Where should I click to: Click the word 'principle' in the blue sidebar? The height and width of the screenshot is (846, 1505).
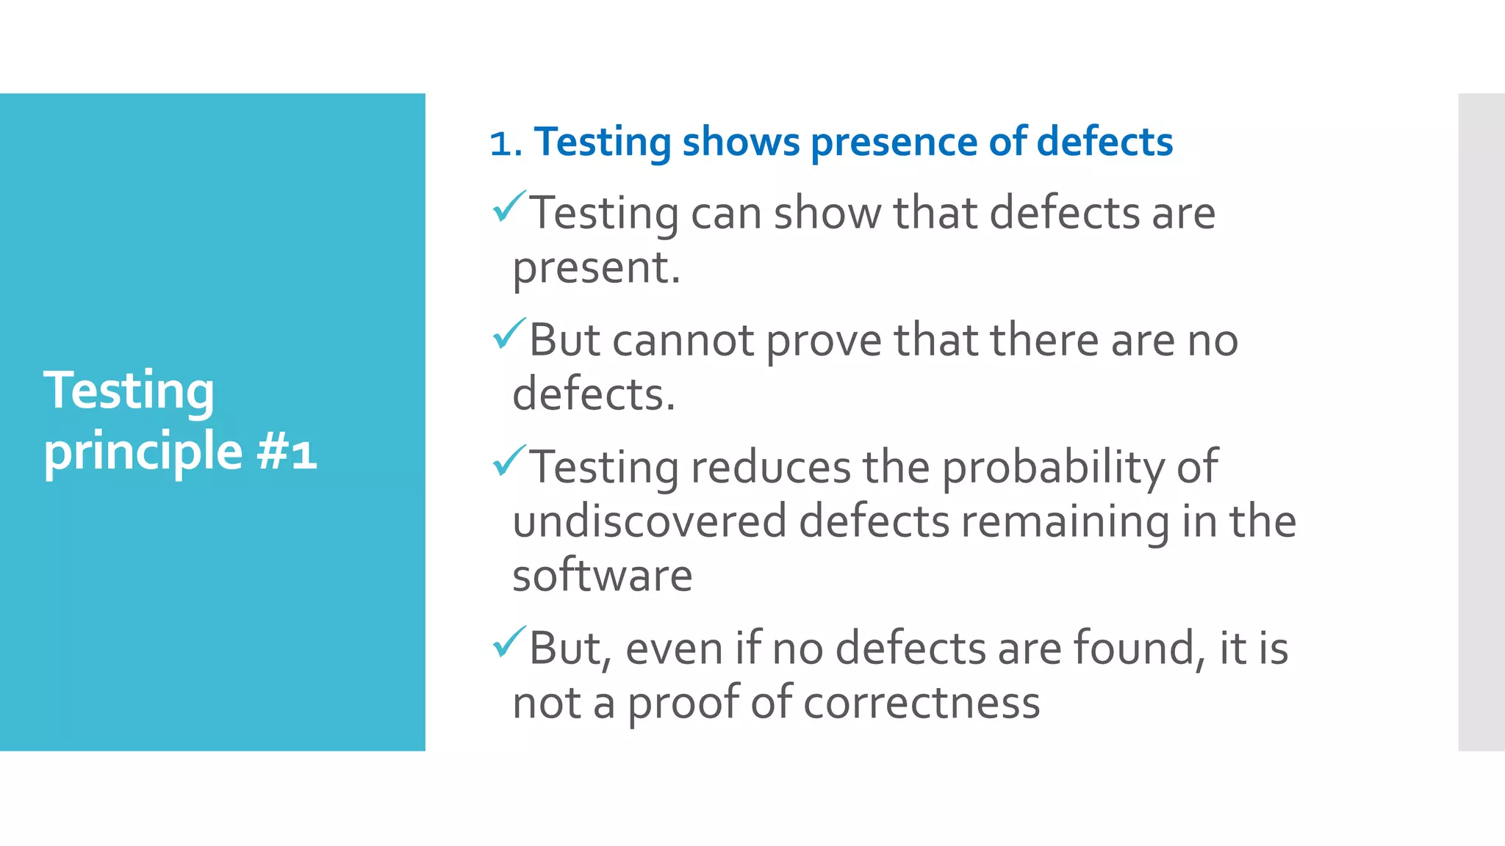pyautogui.click(x=143, y=452)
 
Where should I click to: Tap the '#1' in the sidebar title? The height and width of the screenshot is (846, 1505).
pyautogui.click(x=287, y=452)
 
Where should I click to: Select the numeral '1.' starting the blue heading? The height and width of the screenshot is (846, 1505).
pyautogui.click(x=506, y=142)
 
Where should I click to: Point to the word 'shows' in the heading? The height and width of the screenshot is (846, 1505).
pyautogui.click(x=740, y=142)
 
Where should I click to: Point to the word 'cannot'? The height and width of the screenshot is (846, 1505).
pyautogui.click(x=683, y=341)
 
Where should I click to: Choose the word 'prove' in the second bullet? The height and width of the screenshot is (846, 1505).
pyautogui.click(x=823, y=342)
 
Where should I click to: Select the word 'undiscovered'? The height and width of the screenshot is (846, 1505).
pyautogui.click(x=649, y=521)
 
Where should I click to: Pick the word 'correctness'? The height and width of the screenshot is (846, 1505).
pyautogui.click(x=922, y=704)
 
